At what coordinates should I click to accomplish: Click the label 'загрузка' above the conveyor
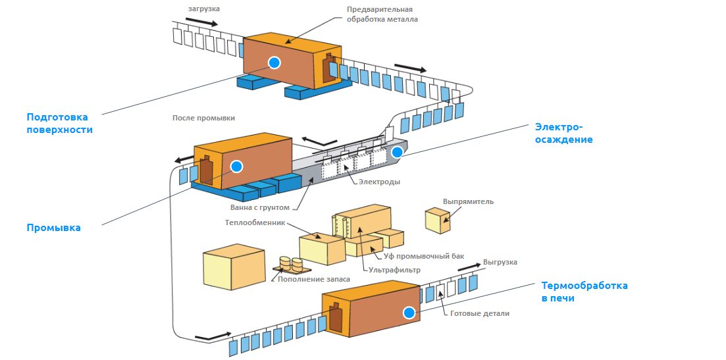click(204, 9)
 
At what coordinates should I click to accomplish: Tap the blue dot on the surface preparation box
click(274, 63)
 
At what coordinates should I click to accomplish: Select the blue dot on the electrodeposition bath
click(396, 152)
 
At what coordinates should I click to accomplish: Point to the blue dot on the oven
click(409, 313)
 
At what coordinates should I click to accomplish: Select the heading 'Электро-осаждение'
click(563, 133)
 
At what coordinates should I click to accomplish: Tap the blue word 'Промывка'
click(53, 228)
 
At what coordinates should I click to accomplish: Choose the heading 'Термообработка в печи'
click(584, 292)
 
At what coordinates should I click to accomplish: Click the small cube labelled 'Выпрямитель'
click(438, 220)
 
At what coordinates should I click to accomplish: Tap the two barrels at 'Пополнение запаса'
click(290, 265)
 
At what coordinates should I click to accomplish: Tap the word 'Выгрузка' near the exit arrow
click(500, 262)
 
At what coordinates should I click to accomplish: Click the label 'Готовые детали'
click(480, 313)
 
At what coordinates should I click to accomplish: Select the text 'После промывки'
click(203, 118)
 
